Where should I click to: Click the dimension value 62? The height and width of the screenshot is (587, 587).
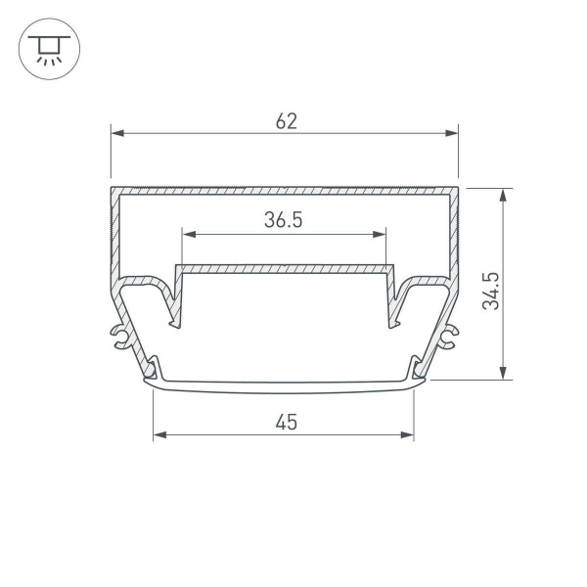click(286, 121)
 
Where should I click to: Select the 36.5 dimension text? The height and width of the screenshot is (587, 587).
click(283, 221)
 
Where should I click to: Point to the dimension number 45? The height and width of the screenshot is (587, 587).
click(285, 423)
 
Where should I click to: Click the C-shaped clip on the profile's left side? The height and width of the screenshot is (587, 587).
click(120, 337)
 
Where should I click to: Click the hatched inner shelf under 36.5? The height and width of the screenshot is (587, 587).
click(284, 268)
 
